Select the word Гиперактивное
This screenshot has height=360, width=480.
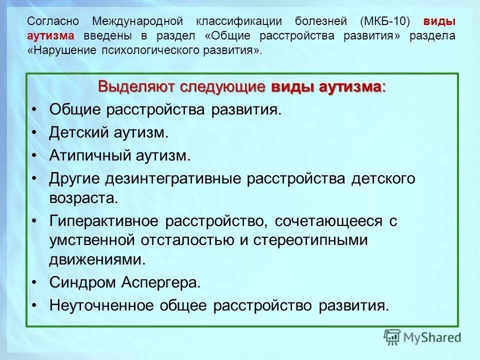coord(104,220)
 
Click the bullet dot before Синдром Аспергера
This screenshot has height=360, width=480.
coord(34,282)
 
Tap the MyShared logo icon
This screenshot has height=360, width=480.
coord(392,336)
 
